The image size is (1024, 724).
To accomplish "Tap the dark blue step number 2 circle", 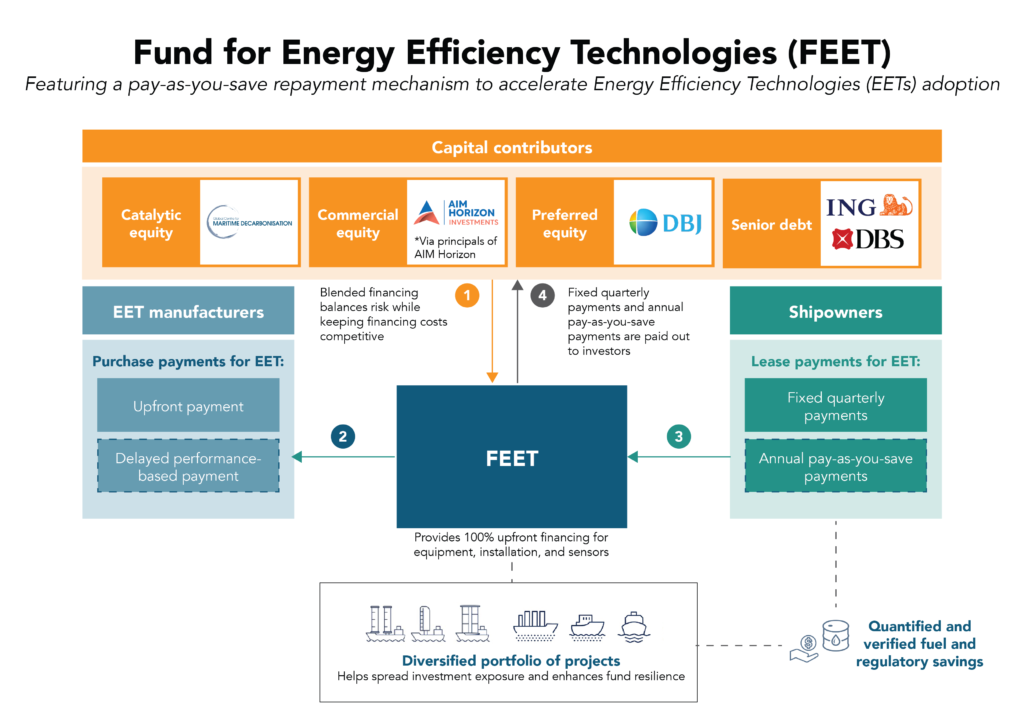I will click(343, 436).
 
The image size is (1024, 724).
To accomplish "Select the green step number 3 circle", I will click(679, 436).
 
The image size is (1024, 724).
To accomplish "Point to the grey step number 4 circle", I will click(542, 296).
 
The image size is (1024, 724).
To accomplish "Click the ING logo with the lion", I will click(868, 206).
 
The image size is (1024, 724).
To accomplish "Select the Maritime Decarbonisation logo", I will click(249, 221).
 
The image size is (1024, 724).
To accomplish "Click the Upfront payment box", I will click(188, 407).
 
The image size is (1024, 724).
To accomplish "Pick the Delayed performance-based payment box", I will click(188, 467).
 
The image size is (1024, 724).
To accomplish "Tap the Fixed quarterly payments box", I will click(836, 406).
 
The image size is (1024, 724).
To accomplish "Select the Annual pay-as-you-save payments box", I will click(836, 467).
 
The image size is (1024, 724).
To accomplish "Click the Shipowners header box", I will click(835, 312).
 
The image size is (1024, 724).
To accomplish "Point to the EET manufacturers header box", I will click(188, 312).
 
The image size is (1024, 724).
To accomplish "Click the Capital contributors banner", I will click(511, 147).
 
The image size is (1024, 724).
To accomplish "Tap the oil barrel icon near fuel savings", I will click(834, 636).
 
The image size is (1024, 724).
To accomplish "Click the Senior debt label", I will click(772, 224).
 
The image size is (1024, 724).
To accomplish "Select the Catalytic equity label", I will click(151, 223).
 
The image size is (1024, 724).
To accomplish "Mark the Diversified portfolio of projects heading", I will click(511, 660).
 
